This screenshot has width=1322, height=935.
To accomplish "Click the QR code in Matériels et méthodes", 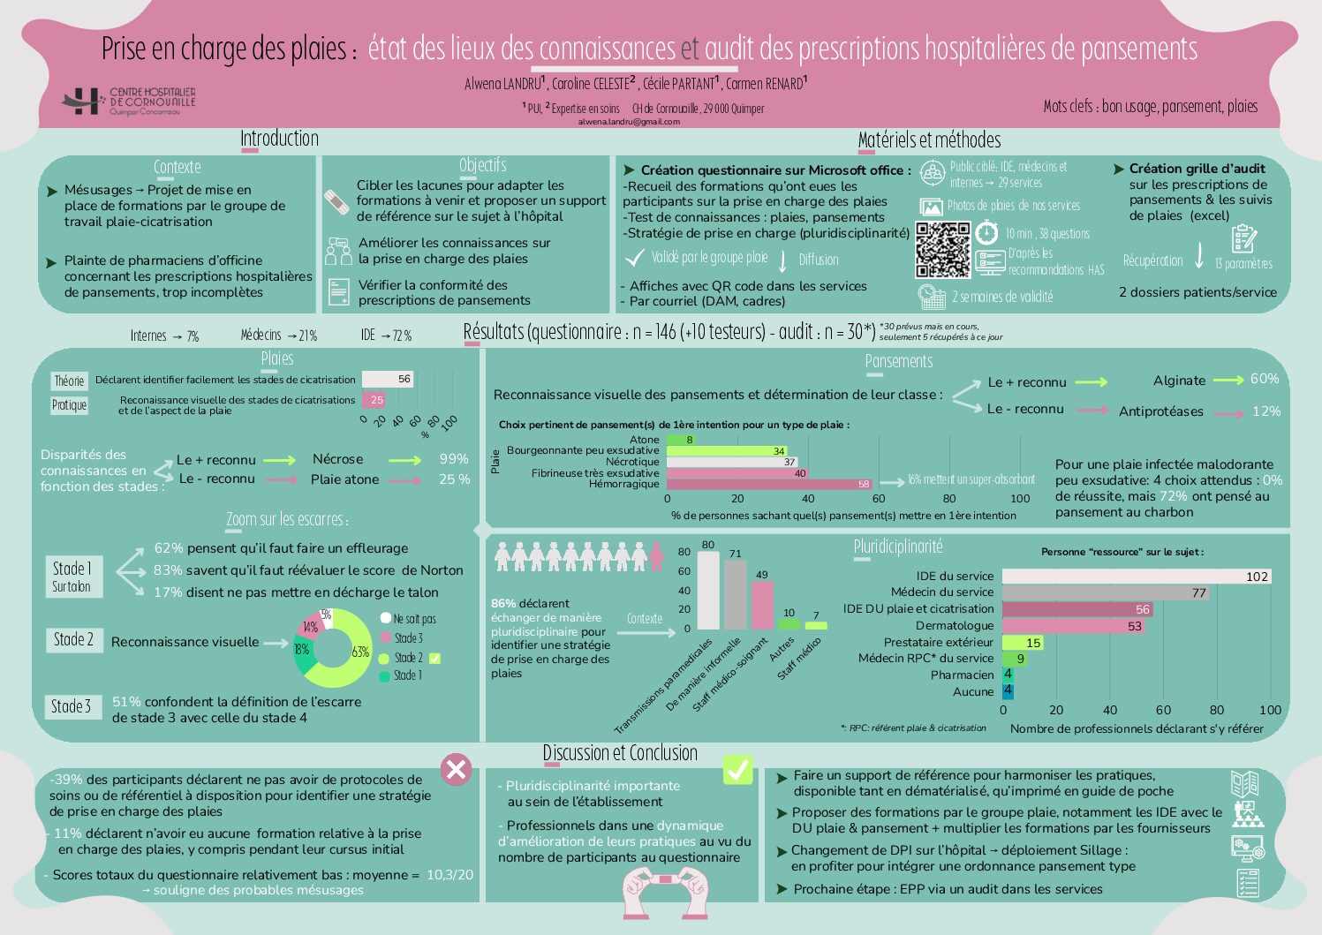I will coord(942,250).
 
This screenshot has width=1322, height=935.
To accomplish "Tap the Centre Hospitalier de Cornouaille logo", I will coord(129,101).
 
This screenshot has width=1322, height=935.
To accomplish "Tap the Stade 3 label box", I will coord(72,706).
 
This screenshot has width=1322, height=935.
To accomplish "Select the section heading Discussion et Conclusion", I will coord(620,753).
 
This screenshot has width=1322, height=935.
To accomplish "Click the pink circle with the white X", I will coord(456,769).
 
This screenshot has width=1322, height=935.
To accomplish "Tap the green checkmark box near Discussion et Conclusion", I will coord(737,769).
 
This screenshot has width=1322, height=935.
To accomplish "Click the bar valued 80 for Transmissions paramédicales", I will coord(708,590).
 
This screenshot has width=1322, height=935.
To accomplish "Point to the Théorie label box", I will coord(69,381).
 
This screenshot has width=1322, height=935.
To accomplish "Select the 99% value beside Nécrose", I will coord(454,459).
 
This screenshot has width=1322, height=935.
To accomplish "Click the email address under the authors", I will coord(629,122).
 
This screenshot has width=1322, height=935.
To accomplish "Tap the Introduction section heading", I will coord(279,139).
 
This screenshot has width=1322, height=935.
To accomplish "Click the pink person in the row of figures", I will coord(656,556).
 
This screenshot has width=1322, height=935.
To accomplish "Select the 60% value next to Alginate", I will coord(1265,379).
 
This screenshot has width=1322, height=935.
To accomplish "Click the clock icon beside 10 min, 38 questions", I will coord(986,233).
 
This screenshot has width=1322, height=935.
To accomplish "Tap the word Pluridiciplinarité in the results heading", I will coord(898,547).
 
